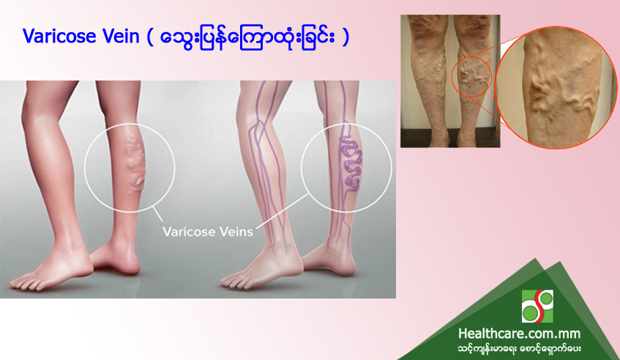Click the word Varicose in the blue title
[59, 36]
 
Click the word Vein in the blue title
[121, 36]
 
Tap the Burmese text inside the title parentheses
[249, 37]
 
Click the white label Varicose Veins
[208, 231]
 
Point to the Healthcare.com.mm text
[519, 334]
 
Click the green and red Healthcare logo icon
[537, 307]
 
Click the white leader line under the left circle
[157, 215]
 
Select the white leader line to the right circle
[282, 211]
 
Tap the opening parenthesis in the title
[150, 37]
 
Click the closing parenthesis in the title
[346, 37]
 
